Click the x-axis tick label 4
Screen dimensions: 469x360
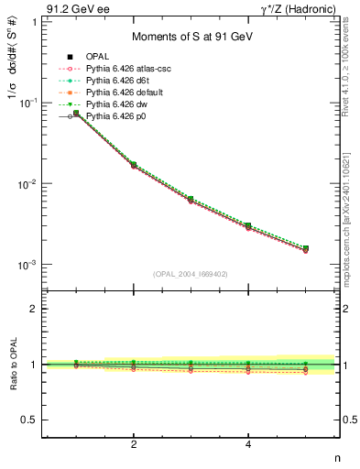pos(248,445)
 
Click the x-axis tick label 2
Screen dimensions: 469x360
pos(134,445)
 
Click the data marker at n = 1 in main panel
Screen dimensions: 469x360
pos(77,114)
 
